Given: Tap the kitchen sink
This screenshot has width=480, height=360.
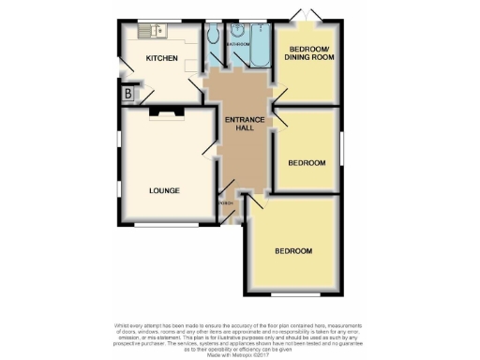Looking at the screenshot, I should [x=152, y=32].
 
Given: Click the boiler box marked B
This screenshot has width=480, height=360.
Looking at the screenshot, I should [x=127, y=93].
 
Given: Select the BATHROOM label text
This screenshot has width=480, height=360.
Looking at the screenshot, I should [x=236, y=42].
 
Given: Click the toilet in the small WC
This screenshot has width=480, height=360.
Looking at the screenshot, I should [x=214, y=37].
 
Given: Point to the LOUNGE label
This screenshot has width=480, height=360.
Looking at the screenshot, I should [x=164, y=191].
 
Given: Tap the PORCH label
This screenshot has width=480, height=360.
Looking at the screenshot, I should [x=226, y=203].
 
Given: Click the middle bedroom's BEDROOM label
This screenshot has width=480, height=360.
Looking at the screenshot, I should [x=307, y=163].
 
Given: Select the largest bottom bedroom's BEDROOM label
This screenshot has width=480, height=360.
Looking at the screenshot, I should [x=293, y=251].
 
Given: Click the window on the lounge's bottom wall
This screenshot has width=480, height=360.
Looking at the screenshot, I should [x=158, y=226].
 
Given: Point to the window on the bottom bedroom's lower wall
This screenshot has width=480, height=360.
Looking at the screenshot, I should [x=292, y=295].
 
